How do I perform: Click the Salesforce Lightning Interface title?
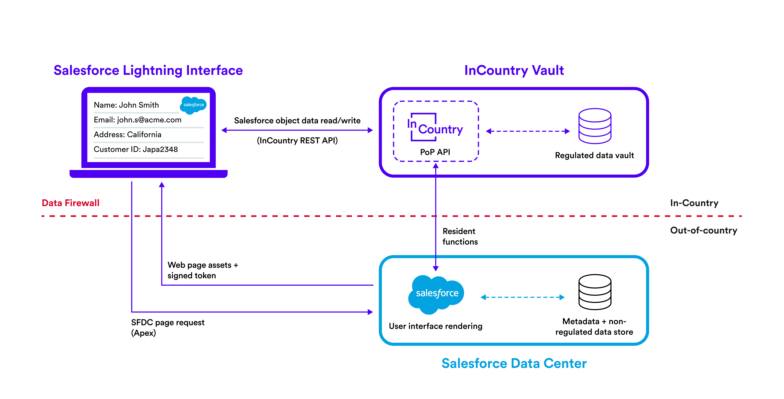pyautogui.click(x=148, y=70)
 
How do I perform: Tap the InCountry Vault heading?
pyautogui.click(x=514, y=70)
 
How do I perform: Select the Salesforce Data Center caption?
pyautogui.click(x=514, y=363)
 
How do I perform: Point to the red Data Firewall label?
pyautogui.click(x=71, y=203)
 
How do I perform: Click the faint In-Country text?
pyautogui.click(x=694, y=203)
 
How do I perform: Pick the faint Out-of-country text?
pyautogui.click(x=704, y=230)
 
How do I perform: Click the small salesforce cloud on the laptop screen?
pyautogui.click(x=194, y=105)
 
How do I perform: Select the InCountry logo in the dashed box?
pyautogui.click(x=435, y=128)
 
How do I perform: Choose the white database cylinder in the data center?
pyautogui.click(x=595, y=292)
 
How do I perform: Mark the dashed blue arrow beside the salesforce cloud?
pyautogui.click(x=523, y=297)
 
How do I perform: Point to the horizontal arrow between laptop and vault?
pyautogui.click(x=297, y=130)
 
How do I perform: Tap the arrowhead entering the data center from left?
pyautogui.click(x=370, y=312)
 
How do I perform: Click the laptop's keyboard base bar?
pyautogui.click(x=149, y=174)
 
